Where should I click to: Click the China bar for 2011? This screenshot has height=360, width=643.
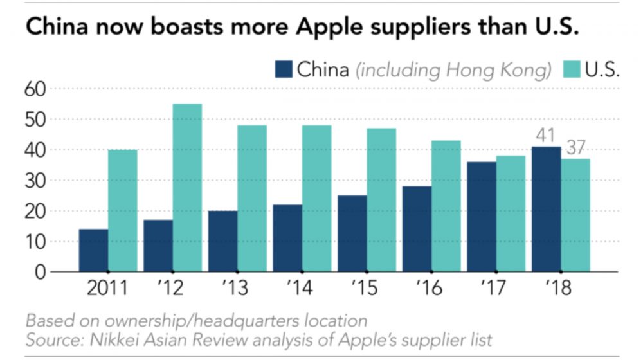[93, 250]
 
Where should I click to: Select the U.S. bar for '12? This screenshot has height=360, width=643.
[187, 188]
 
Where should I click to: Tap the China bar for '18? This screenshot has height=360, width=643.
[546, 209]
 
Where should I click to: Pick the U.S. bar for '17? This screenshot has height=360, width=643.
[511, 213]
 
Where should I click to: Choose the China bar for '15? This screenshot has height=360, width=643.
[352, 233]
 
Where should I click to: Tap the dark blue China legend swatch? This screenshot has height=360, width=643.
[283, 69]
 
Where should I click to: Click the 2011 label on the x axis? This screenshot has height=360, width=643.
[107, 289]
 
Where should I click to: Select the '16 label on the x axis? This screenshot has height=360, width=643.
[429, 289]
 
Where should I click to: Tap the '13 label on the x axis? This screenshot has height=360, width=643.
[235, 289]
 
